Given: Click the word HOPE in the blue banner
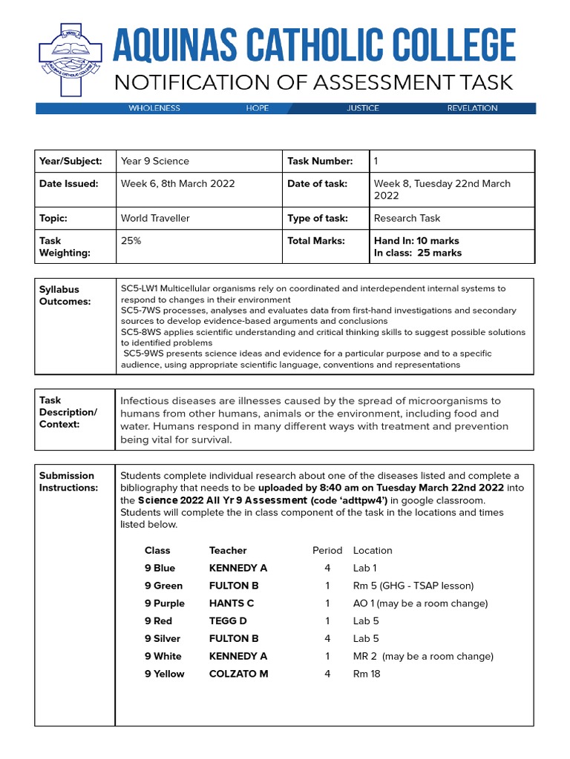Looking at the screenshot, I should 258,108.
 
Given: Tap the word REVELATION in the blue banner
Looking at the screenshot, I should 472,108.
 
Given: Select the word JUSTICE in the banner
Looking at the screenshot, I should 362,108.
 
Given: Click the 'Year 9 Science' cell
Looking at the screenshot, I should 154,161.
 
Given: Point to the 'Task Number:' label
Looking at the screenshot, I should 319,161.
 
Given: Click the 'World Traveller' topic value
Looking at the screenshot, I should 155,219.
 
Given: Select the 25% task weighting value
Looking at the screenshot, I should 131,241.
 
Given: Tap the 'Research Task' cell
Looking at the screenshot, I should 407,219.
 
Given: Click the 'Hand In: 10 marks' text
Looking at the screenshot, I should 416,241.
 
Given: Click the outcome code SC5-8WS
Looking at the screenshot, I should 140,333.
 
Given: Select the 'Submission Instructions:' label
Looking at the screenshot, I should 68,482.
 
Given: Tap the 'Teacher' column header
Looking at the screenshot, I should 228,551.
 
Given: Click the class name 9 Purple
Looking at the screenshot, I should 165,603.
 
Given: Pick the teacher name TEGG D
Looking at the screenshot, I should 228,621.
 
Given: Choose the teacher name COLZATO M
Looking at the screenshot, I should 238,674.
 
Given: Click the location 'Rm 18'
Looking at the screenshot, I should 367,674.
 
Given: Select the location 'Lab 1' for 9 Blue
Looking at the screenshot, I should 365,569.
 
